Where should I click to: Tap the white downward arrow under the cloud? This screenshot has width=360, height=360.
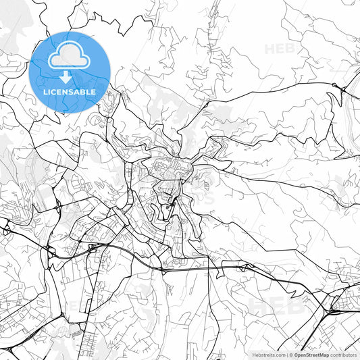tap(70, 76)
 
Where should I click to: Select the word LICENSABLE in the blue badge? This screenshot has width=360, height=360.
tap(70, 91)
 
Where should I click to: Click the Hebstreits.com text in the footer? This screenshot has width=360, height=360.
tap(269, 354)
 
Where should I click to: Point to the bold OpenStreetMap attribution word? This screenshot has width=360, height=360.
tap(311, 354)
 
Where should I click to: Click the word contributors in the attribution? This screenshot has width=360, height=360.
tap(344, 354)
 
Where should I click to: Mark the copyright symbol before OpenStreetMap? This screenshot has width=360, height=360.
tap(291, 354)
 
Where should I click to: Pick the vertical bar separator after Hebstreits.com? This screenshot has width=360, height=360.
tap(287, 354)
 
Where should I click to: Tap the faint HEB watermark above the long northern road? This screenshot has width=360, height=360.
tap(279, 49)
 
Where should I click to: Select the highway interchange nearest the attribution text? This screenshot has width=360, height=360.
tap(333, 310)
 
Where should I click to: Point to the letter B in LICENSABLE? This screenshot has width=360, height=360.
tap(84, 91)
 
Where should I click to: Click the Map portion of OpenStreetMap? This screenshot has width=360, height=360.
tap(324, 354)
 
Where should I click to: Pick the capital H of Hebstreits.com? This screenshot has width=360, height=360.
tap(254, 354)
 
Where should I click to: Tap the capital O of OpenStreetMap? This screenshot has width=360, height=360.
tap(296, 354)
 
